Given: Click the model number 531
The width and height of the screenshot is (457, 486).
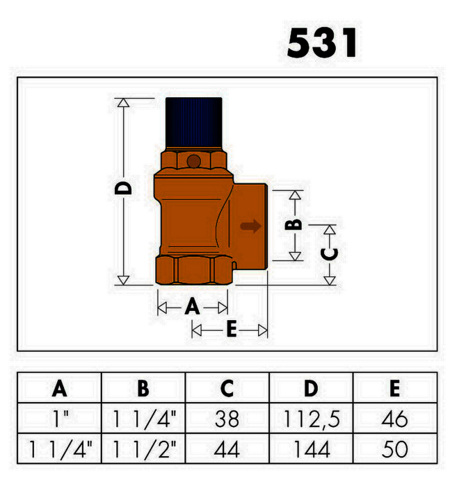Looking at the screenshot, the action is tap(321, 42).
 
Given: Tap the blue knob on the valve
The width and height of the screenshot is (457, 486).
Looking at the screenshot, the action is tap(194, 123).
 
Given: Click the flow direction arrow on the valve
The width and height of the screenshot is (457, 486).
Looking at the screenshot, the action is tap(250, 226).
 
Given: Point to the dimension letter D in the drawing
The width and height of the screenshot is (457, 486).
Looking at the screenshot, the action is tap(123, 188).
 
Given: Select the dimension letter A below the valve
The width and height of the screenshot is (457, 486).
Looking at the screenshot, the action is tap(192, 306).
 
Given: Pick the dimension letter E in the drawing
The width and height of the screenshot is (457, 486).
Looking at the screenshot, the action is tap(232, 329).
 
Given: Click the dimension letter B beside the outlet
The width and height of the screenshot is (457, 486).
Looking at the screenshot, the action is tap(293, 224).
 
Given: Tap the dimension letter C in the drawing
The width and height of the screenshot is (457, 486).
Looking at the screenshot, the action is tap(329, 254).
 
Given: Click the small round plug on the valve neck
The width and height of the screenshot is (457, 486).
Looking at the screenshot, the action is tap(194, 162).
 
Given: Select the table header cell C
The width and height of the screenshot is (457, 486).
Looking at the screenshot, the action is tap(227, 387).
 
